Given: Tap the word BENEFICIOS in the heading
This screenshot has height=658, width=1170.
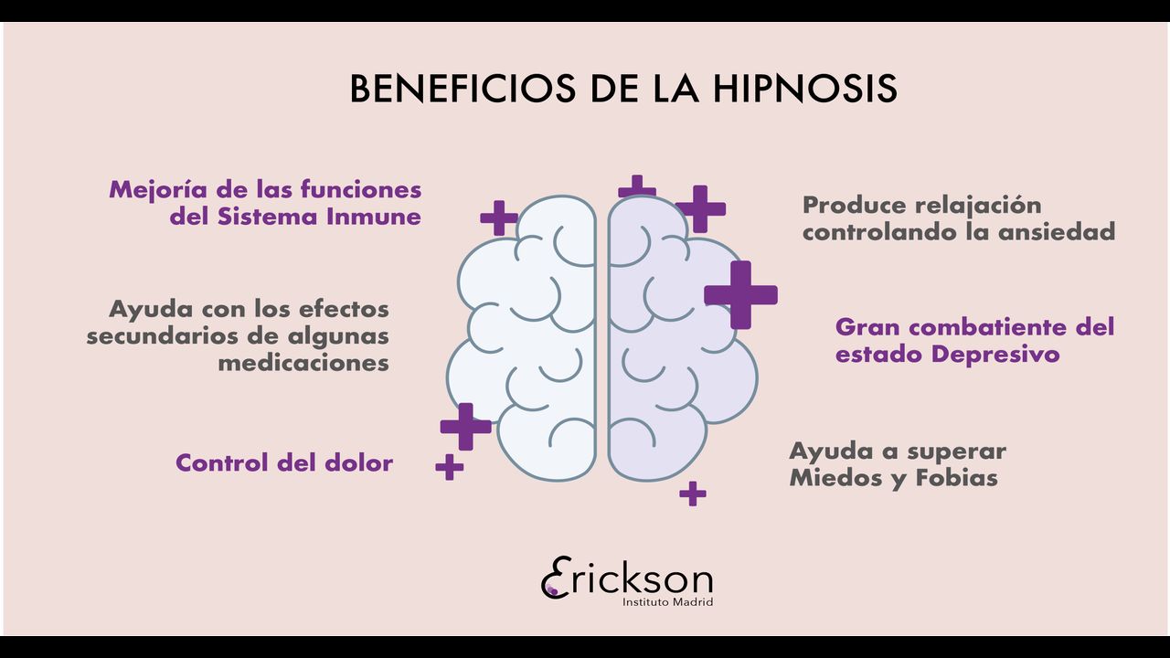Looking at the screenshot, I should click(463, 90).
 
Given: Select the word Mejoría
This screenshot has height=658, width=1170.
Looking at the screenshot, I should click(152, 189).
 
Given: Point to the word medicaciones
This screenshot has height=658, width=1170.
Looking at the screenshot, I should click(303, 363).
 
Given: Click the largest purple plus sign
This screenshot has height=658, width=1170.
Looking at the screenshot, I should click(740, 294).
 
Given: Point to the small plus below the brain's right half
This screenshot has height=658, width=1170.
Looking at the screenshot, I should click(693, 493).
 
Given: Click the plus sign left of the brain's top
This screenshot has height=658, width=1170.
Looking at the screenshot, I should click(499, 218).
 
